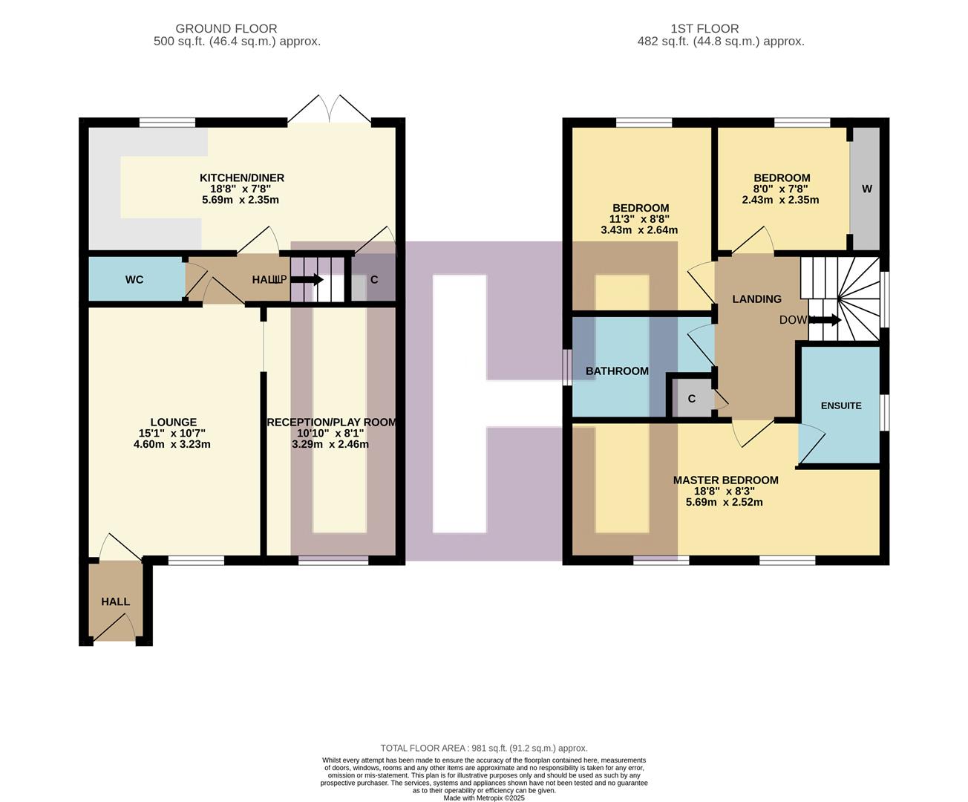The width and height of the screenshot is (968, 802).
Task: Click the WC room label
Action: tap(134, 280)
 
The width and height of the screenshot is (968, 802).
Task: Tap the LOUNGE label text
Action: tap(173, 423)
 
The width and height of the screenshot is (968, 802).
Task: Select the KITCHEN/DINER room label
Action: tap(241, 178)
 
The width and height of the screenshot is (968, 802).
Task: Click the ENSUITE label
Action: tap(841, 405)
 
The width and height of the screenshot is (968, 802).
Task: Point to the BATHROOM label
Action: tap(617, 371)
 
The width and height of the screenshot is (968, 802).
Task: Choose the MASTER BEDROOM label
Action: tap(725, 480)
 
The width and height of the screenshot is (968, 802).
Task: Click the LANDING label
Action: tap(756, 299)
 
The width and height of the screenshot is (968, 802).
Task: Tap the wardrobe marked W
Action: tap(866, 189)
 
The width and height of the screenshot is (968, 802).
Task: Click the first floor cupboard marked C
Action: tap(692, 399)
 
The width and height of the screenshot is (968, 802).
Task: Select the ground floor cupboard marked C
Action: tap(374, 280)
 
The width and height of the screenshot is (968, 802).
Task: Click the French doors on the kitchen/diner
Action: tap(330, 110)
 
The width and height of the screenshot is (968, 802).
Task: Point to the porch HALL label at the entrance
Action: tap(116, 601)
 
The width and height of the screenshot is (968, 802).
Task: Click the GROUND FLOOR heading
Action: tap(237, 29)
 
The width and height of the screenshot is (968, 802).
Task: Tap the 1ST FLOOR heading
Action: tap(704, 29)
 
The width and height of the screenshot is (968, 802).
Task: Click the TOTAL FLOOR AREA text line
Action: tap(483, 749)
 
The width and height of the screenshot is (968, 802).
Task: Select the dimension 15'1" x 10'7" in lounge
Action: tap(171, 434)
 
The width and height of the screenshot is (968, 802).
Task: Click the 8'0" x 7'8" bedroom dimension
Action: tap(780, 189)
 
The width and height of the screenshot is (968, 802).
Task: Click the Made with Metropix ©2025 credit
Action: tap(484, 798)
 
